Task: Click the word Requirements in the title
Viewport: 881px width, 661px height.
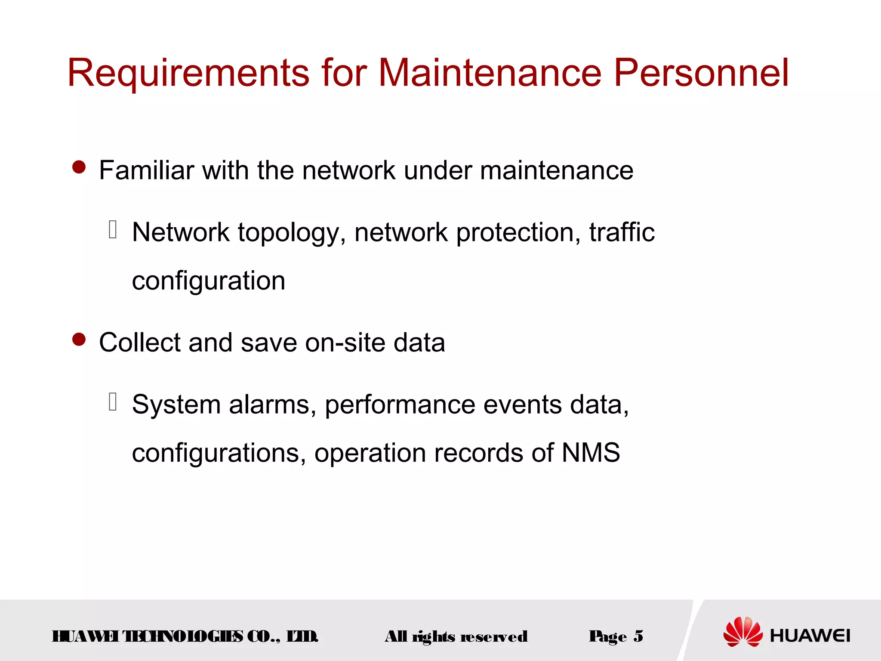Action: click(188, 73)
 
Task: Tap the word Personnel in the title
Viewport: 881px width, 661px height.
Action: click(701, 73)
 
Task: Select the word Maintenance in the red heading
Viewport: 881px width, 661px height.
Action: click(490, 73)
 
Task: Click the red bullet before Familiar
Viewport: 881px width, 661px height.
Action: click(79, 167)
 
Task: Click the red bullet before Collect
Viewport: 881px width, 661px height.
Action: click(79, 340)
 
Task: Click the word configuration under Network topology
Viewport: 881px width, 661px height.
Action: click(209, 281)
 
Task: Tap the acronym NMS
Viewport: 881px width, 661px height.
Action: click(591, 453)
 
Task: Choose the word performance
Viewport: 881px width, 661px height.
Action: click(400, 405)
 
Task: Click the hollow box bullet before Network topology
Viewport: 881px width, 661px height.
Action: click(113, 229)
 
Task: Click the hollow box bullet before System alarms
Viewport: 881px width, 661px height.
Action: click(113, 402)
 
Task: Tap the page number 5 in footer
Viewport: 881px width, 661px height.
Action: click(638, 636)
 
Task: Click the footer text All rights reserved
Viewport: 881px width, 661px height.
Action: click(456, 636)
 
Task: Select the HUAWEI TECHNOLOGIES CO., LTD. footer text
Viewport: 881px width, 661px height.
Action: click(185, 636)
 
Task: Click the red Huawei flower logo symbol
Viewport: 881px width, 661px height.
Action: click(742, 631)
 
